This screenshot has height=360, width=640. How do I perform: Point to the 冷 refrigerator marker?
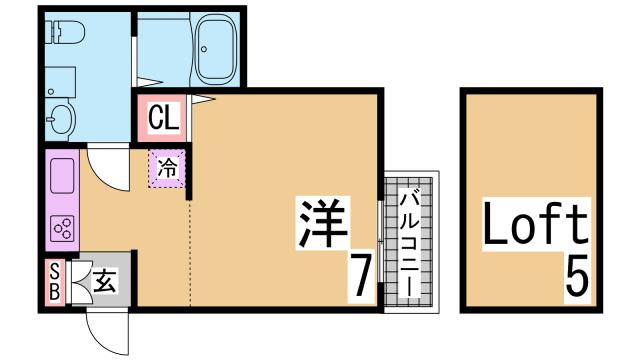tap(167, 169)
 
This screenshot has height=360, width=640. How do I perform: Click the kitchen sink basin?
tap(59, 174)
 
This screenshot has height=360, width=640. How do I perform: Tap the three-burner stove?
tap(62, 229)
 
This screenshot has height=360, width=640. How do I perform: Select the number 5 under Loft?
tap(576, 274)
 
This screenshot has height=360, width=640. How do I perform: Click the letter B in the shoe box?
tap(55, 293)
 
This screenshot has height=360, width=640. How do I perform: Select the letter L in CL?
tap(172, 117)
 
